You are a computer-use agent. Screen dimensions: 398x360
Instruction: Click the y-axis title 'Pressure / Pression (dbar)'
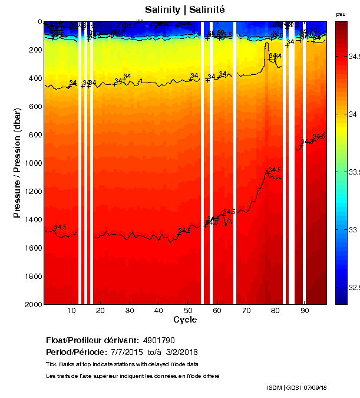click(17, 163)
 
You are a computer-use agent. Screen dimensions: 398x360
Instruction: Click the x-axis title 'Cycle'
click(185, 320)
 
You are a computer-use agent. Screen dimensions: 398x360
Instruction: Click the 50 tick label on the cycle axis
click(187, 310)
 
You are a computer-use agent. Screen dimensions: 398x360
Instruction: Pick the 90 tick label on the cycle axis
click(304, 310)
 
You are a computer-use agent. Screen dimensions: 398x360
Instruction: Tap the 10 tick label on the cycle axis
click(71, 310)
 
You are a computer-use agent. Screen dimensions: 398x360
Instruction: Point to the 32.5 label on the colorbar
click(352, 287)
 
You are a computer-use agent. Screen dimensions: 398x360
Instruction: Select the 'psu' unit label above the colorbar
click(341, 14)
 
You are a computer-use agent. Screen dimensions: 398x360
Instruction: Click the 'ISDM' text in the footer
click(274, 387)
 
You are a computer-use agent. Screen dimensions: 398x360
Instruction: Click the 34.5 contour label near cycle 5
click(60, 227)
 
